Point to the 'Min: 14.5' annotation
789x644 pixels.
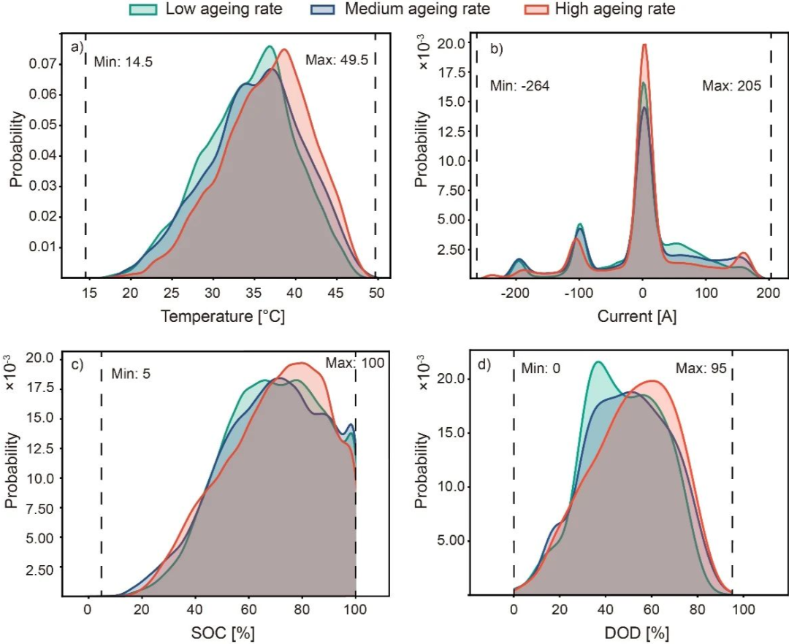[x=123, y=60]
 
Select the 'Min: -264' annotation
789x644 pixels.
[x=519, y=85]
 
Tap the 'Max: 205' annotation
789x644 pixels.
[x=731, y=85]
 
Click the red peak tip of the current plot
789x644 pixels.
[x=644, y=45]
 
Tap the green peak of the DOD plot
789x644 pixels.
[x=598, y=361]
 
